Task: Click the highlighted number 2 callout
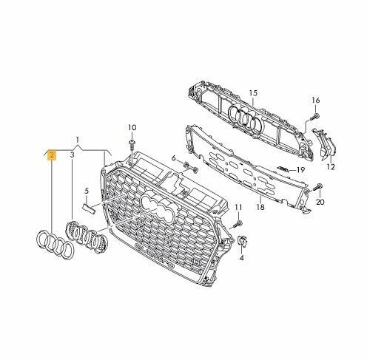tap(52, 155)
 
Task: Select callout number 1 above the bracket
tap(78, 140)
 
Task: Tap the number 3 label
tap(72, 155)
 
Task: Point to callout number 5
tap(87, 191)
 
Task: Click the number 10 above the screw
tap(132, 128)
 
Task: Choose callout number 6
tap(174, 158)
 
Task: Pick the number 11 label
tap(238, 208)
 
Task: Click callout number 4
tap(242, 258)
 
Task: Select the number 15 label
tap(253, 93)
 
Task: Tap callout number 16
tap(316, 101)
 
